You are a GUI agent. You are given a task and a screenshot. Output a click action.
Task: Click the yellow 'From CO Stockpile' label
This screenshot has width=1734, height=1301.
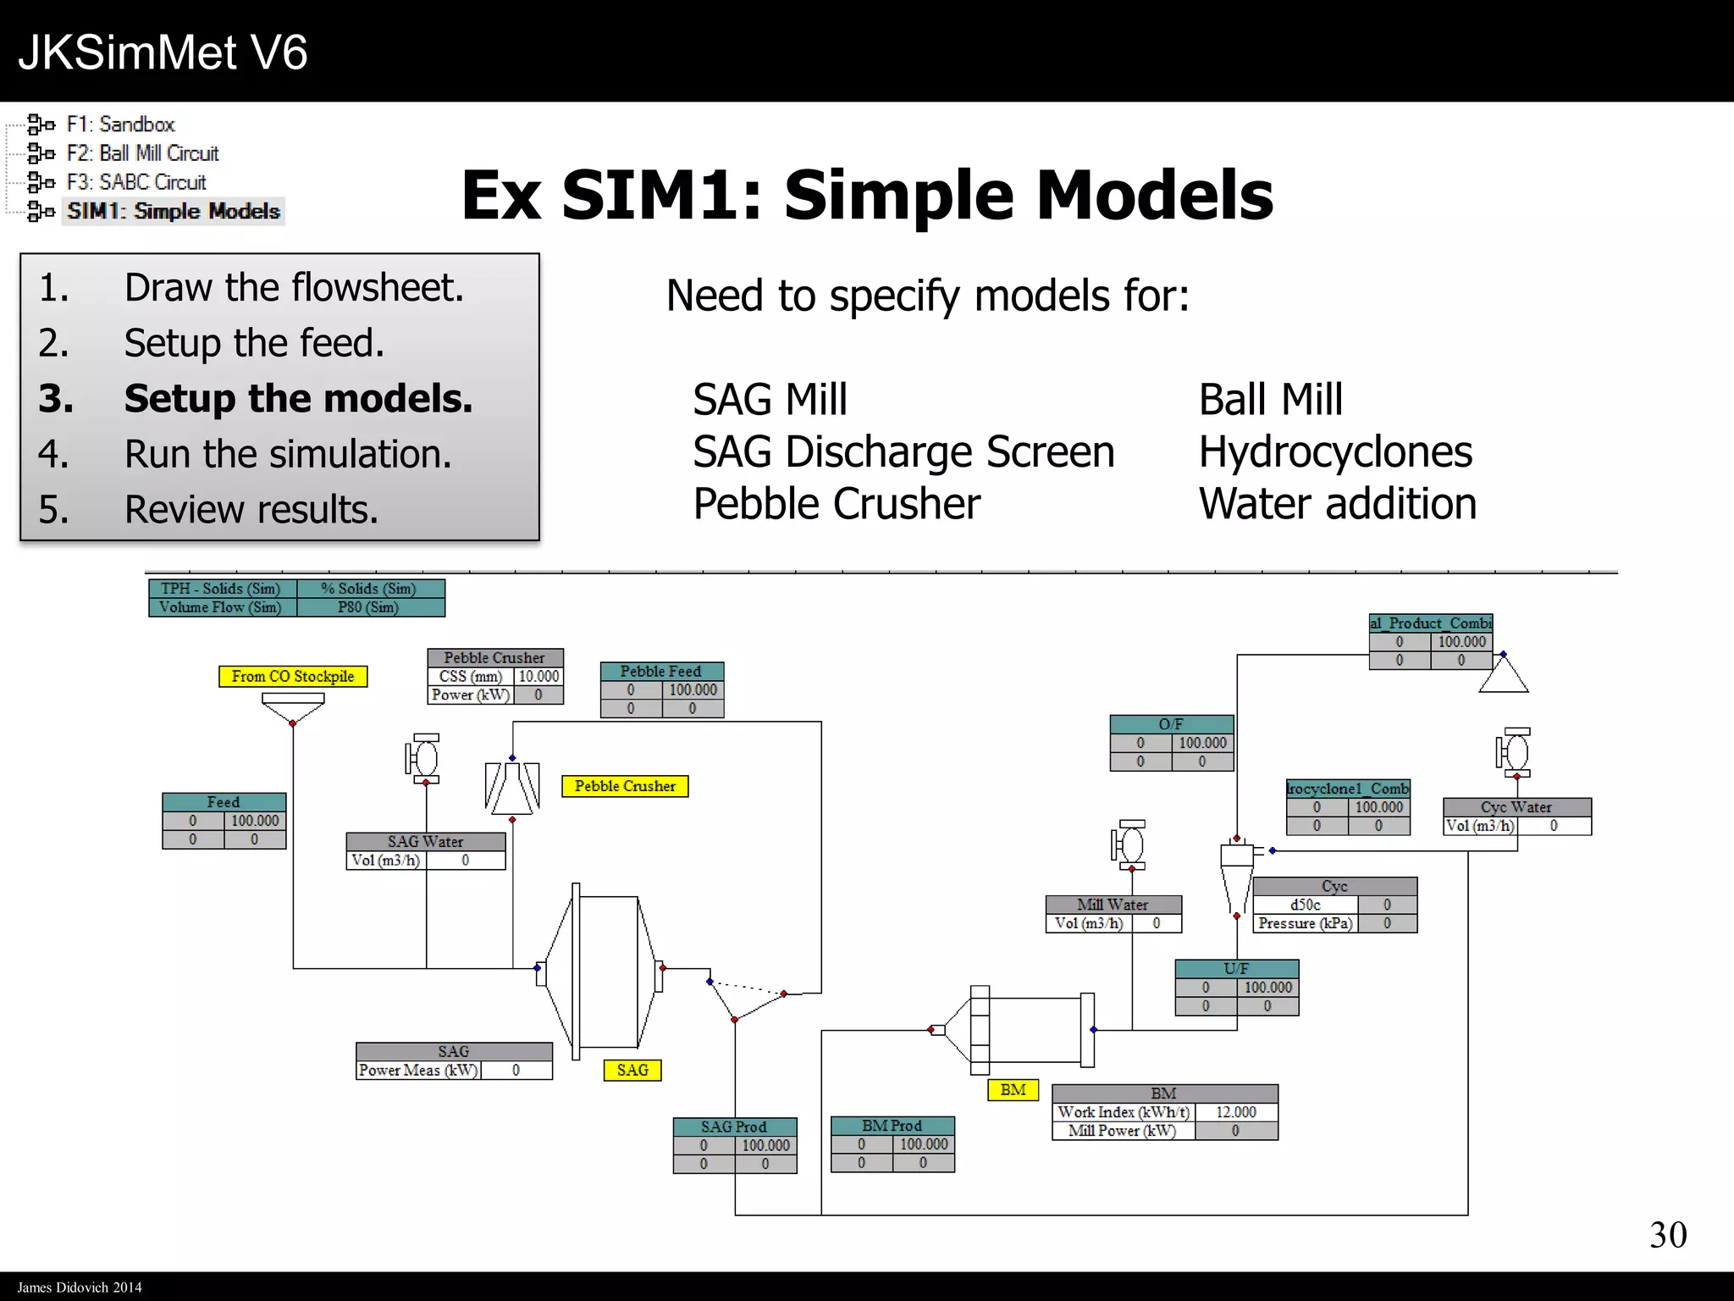pos(293,676)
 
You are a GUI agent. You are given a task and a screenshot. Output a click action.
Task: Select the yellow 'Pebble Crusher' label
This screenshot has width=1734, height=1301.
pos(625,786)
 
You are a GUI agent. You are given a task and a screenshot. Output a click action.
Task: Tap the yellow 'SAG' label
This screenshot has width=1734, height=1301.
pos(632,1070)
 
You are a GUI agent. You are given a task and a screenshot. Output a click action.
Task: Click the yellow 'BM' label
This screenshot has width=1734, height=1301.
pos(1013,1090)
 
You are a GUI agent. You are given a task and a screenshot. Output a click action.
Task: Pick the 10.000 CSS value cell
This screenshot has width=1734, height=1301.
pos(538,676)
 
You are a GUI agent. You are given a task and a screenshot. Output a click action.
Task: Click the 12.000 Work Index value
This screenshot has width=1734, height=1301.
pos(1235,1112)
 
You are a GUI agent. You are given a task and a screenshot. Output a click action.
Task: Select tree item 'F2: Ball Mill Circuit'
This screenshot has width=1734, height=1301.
pos(142,153)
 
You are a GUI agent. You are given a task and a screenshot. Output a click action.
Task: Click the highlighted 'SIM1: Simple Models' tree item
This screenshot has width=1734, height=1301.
pos(174,211)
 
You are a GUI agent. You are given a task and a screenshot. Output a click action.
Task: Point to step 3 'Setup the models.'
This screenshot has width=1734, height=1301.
pos(298,398)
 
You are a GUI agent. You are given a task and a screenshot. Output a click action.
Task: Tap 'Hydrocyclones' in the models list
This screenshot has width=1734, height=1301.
pos(1335,451)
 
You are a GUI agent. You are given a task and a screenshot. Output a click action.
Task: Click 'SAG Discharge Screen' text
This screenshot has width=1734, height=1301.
pos(903,451)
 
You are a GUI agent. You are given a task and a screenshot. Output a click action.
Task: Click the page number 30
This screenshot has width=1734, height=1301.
pos(1668,1235)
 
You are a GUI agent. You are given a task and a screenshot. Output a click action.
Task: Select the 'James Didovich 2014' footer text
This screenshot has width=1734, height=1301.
pos(80,1287)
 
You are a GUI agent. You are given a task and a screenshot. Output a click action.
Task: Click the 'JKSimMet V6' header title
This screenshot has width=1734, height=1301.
pos(163,53)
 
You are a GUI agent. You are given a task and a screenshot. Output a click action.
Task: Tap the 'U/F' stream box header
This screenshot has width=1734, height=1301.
pos(1236,968)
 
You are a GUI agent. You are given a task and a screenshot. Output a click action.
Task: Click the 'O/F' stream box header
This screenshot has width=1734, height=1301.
pos(1171,724)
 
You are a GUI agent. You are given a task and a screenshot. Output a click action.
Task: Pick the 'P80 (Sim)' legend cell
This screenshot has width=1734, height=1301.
pos(369,607)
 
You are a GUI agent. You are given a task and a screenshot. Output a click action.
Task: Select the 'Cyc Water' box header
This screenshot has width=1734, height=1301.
pos(1516,807)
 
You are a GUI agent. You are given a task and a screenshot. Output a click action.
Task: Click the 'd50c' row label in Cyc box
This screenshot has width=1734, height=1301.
pos(1305,905)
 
